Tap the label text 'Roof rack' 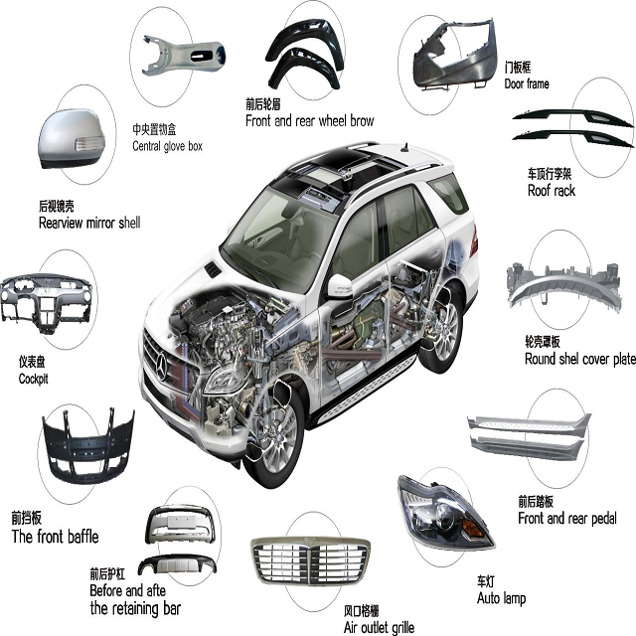point(552,190)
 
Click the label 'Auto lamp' point(502,598)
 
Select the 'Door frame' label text point(527,84)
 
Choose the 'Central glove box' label point(167,146)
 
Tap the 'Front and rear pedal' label point(566,518)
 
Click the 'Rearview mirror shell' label point(88,223)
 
